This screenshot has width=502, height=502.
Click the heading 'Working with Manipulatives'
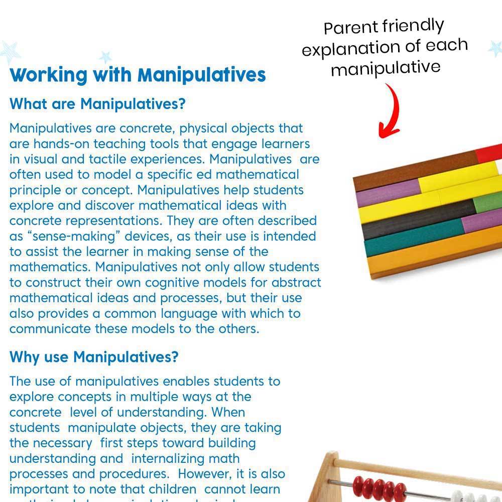(138, 75)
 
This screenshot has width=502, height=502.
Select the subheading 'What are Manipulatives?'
(98, 104)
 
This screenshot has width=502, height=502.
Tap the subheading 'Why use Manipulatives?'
(94, 357)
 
